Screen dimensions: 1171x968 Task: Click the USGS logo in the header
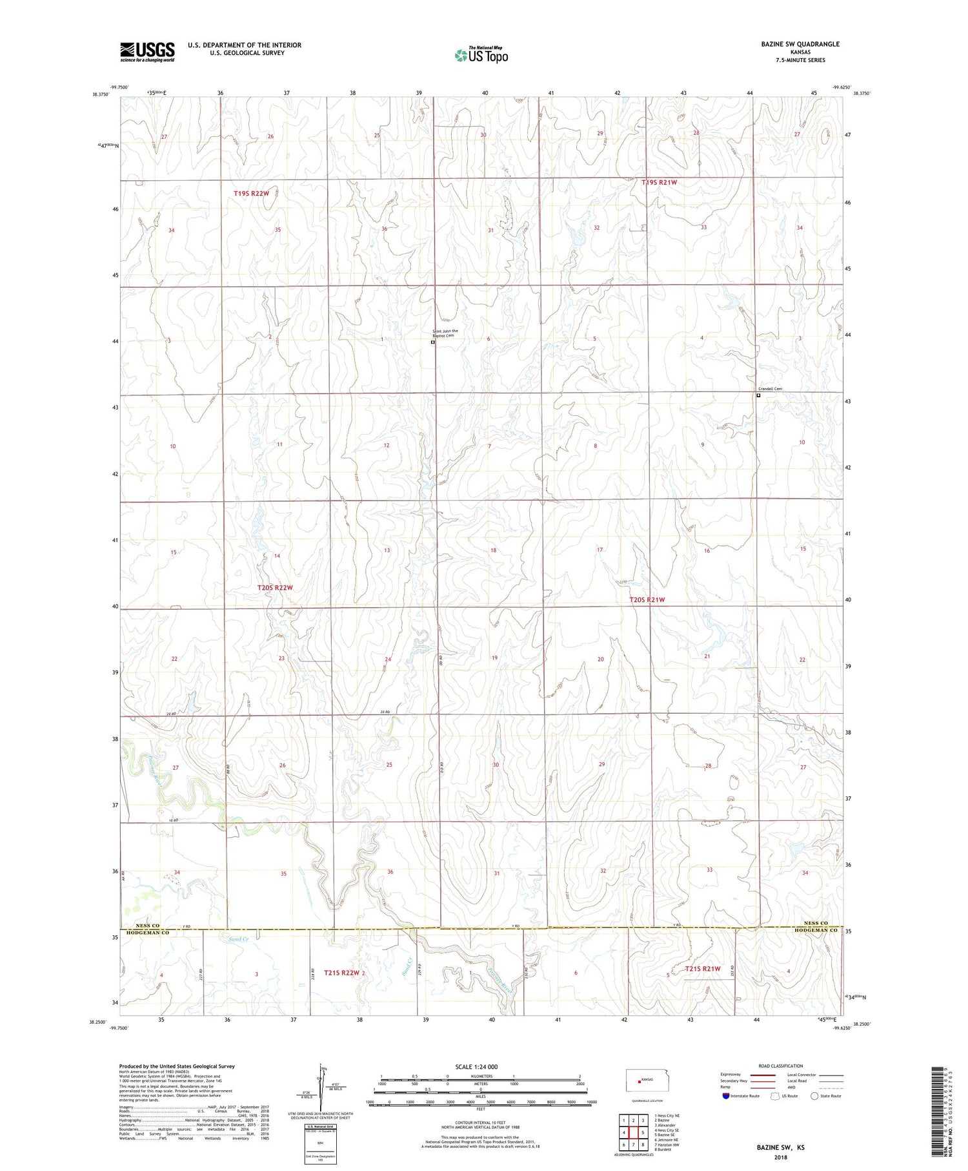(147, 52)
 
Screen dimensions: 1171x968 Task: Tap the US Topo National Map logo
(481, 55)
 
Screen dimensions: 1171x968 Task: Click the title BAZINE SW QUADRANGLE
(800, 44)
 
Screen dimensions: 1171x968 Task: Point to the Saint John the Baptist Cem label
(445, 333)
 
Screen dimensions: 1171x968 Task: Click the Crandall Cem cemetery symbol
(758, 396)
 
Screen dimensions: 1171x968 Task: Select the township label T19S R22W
(251, 194)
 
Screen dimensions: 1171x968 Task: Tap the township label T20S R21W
(647, 600)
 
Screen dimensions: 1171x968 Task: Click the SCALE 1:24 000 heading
(476, 1067)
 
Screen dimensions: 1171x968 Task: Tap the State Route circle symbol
(814, 1096)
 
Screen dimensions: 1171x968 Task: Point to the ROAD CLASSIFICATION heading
(781, 1066)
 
